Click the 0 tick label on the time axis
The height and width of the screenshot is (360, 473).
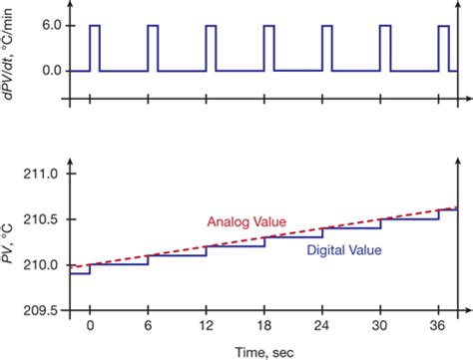(x=90, y=327)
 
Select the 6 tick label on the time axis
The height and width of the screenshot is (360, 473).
(x=149, y=327)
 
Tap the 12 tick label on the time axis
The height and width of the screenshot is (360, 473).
(x=208, y=327)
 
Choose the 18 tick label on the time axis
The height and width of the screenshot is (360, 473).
(x=266, y=327)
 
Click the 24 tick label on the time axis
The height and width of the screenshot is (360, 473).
(x=324, y=327)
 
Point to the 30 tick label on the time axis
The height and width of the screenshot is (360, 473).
(x=383, y=327)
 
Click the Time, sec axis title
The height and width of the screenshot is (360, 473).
(x=263, y=350)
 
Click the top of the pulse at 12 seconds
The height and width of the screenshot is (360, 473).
(x=212, y=26)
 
